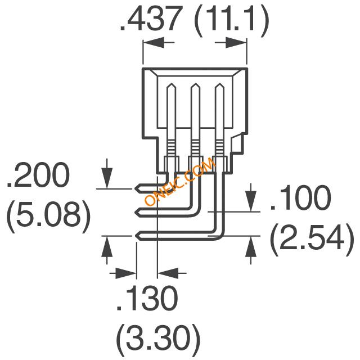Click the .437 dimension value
click(151, 19)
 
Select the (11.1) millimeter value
click(232, 21)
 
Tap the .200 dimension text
click(38, 175)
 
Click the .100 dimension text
click(301, 198)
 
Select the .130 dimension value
click(147, 299)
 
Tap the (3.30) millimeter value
click(158, 337)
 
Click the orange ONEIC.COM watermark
click(180, 181)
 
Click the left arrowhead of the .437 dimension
click(154, 43)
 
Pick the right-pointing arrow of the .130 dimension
click(123, 273)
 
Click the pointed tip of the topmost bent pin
click(136, 189)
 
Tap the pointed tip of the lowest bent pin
click(136, 236)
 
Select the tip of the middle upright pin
click(195, 83)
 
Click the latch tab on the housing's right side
click(237, 144)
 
